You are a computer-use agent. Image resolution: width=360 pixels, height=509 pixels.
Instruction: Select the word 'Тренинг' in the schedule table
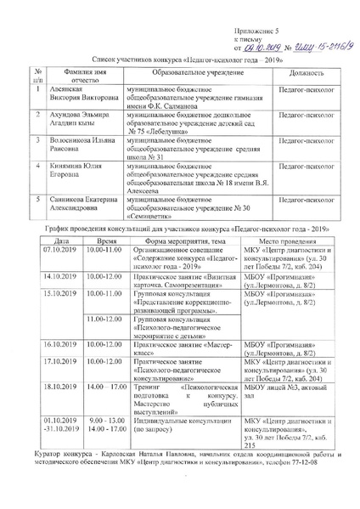tap(149, 385)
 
